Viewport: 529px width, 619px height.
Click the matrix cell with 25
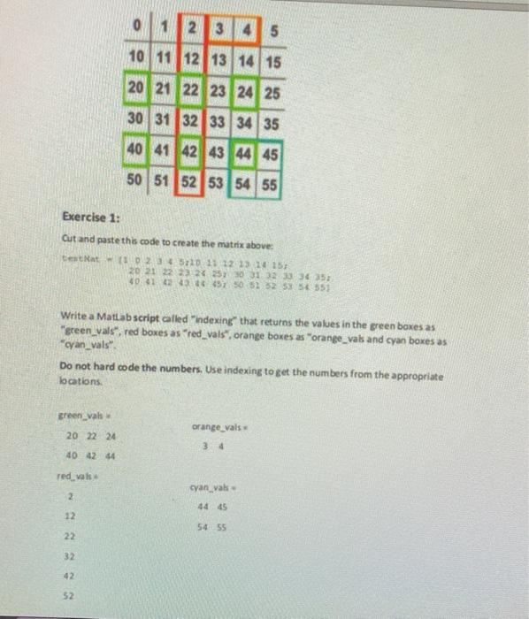(272, 92)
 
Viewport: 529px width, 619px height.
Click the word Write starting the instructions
(72, 315)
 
